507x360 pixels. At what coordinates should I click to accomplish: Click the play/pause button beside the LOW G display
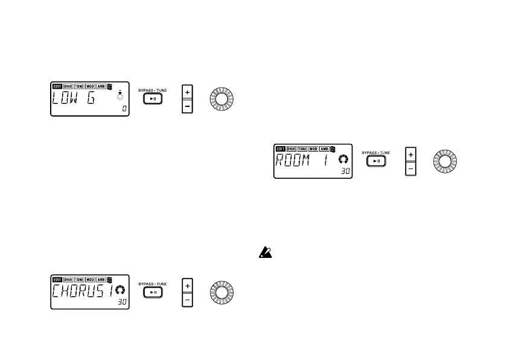(x=153, y=99)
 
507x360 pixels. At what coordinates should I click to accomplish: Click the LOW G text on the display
(x=74, y=99)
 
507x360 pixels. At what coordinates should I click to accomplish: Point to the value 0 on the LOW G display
(x=124, y=109)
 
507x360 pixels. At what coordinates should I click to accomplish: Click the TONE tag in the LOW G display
(x=79, y=87)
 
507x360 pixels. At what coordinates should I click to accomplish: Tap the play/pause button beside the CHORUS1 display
(x=153, y=292)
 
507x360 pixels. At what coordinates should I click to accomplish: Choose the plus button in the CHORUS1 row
(x=187, y=285)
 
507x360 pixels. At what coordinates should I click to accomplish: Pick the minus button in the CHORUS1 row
(x=187, y=300)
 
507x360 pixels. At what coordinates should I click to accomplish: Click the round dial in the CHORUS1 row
(x=220, y=292)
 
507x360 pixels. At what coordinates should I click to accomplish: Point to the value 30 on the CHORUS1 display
(x=123, y=302)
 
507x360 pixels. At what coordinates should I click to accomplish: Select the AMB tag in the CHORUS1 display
(x=101, y=280)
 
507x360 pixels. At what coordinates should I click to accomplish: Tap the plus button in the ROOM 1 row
(x=410, y=155)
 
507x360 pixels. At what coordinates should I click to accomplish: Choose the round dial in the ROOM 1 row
(x=444, y=162)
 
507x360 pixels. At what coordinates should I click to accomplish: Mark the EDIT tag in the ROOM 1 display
(x=280, y=149)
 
